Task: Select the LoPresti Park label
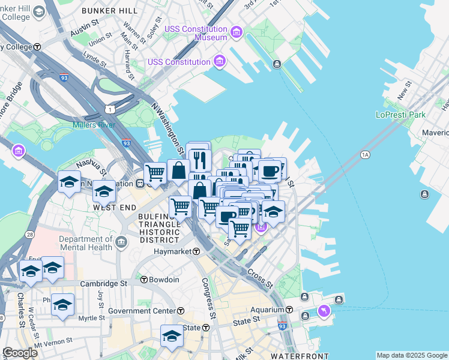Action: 400,115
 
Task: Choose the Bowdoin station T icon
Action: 143,280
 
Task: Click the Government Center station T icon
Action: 181,311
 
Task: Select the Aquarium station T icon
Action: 289,310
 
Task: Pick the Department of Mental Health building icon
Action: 121,243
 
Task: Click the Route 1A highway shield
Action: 365,155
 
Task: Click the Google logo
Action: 20,352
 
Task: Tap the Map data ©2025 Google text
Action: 412,355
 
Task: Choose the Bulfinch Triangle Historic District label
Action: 158,228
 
